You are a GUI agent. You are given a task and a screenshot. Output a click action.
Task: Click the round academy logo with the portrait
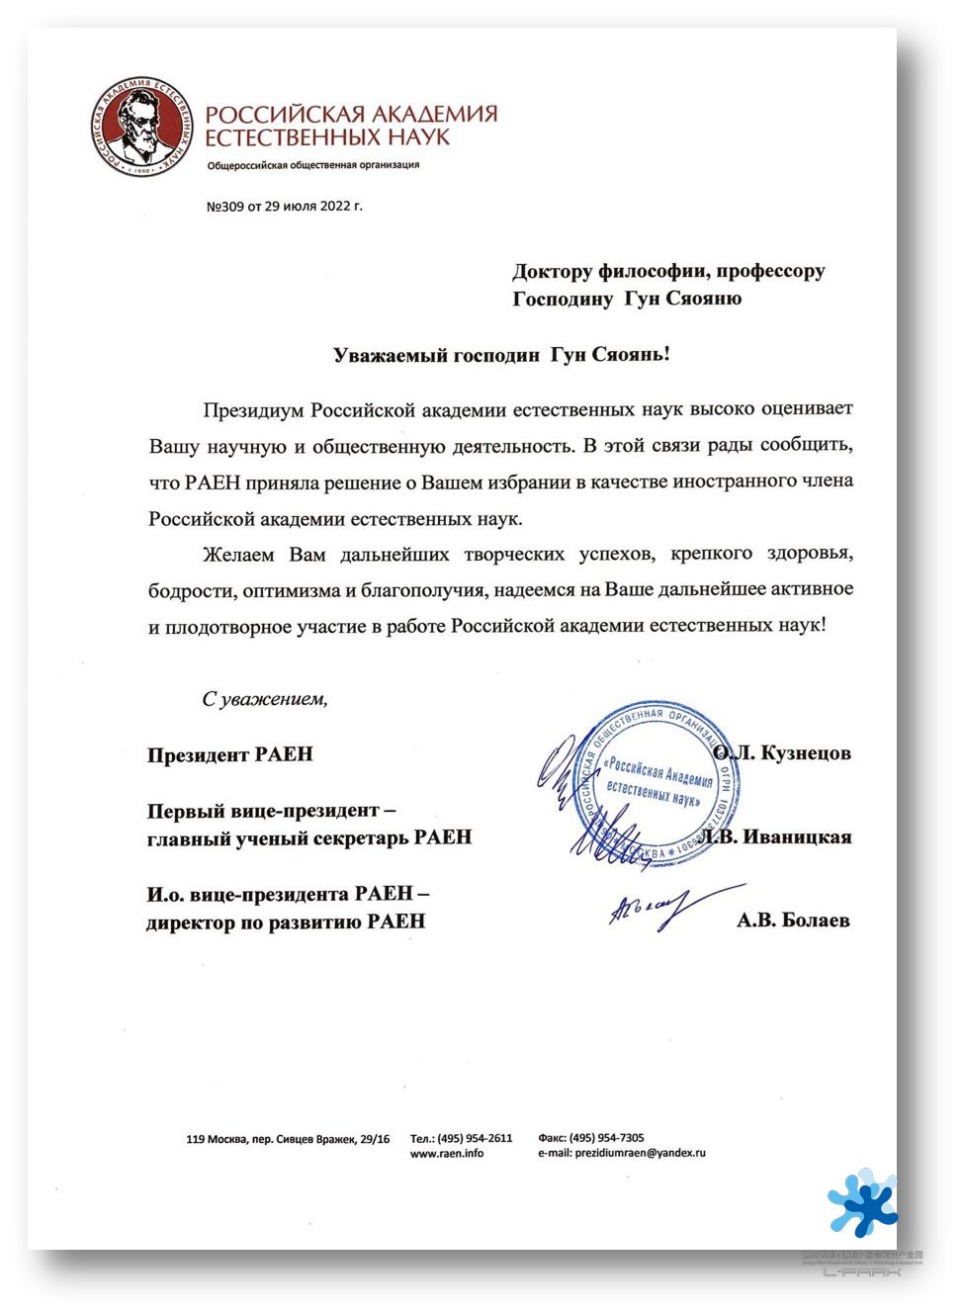coord(138,126)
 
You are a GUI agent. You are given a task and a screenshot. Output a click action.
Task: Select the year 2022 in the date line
coord(335,207)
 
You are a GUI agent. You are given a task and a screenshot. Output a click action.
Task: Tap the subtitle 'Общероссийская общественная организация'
coord(312,165)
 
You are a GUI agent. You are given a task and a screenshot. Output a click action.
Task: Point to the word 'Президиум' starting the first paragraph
coord(254,409)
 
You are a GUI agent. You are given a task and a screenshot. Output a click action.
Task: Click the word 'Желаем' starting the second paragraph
coord(238,555)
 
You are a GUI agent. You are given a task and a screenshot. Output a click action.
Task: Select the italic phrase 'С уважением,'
coord(264,699)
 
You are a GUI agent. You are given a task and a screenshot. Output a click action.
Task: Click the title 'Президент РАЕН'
coord(229,754)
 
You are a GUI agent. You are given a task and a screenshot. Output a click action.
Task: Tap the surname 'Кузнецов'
coord(806,753)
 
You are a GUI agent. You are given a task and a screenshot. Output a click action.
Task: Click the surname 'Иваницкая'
coord(797,837)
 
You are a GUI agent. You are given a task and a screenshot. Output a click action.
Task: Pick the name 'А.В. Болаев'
coord(793,921)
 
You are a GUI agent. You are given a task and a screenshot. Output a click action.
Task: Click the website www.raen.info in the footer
coord(447,1153)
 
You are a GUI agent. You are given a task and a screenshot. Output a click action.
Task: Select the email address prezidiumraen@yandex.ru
coord(640,1153)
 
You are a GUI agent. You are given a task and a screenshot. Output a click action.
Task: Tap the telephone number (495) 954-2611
coord(475,1138)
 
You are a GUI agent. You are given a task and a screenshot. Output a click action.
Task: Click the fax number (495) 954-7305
coord(606,1138)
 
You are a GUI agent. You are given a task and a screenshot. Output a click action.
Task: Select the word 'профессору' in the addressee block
coord(770,271)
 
